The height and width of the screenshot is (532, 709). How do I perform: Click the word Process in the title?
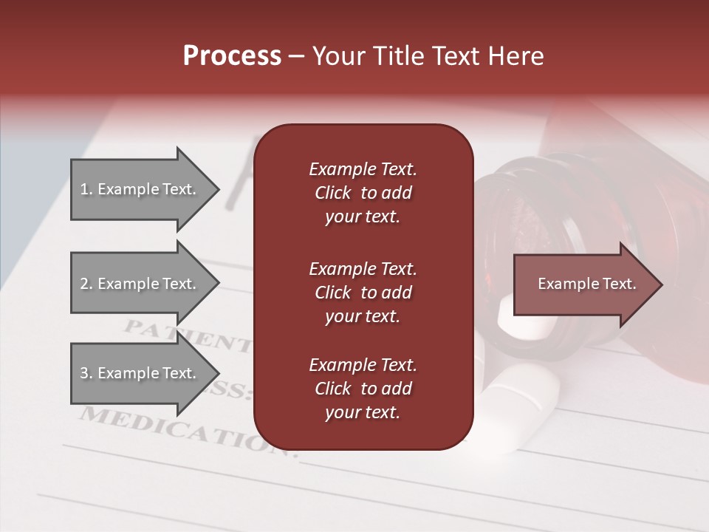(x=232, y=56)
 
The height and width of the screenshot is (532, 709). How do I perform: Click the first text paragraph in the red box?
(x=363, y=193)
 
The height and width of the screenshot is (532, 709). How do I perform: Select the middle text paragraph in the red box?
(x=363, y=293)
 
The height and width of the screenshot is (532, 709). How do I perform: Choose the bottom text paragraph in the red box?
(x=363, y=389)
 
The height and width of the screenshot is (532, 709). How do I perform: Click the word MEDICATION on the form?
(x=177, y=429)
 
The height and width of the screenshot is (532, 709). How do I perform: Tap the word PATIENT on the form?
(x=185, y=335)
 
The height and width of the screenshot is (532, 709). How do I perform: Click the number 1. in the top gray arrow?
(x=86, y=189)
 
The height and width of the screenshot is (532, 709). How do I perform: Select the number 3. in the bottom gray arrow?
(x=86, y=373)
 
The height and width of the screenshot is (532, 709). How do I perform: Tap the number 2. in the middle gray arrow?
(x=86, y=284)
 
